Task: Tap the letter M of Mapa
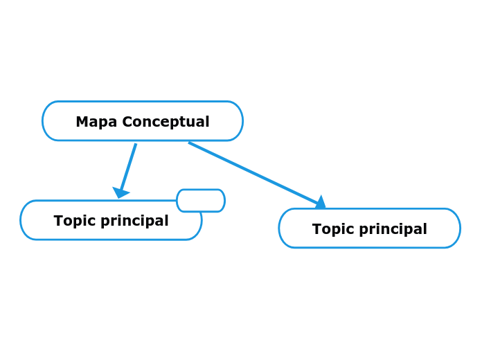[82, 122]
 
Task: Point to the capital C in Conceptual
[127, 122]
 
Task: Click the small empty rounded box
[201, 201]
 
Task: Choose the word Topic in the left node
[73, 221]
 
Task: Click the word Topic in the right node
[331, 229]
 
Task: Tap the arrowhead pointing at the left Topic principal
[120, 192]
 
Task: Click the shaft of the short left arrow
[129, 166]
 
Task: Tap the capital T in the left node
[58, 221]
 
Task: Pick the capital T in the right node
[316, 229]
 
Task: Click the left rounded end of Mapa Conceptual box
[44, 121]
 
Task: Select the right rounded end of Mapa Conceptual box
[241, 121]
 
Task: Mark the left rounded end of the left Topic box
[22, 220]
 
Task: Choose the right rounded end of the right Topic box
[458, 228]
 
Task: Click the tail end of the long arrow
[190, 143]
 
